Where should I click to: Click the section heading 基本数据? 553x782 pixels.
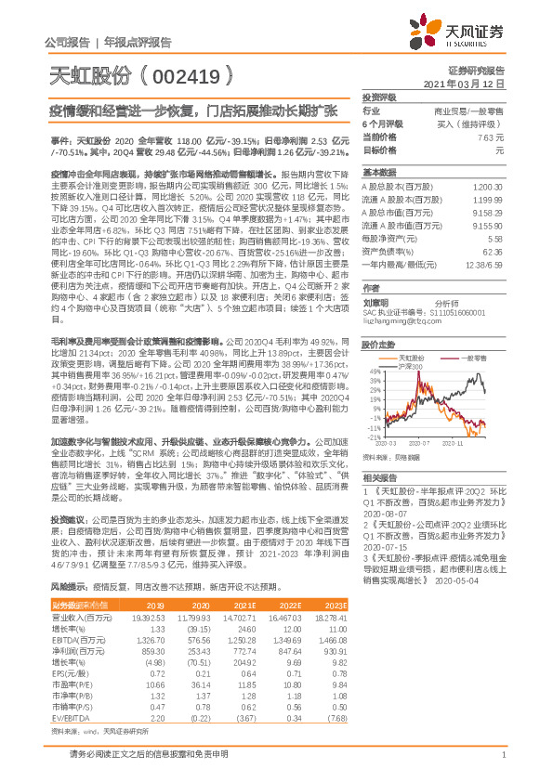pyautogui.click(x=378, y=173)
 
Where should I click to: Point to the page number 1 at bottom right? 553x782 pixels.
pyautogui.click(x=503, y=764)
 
